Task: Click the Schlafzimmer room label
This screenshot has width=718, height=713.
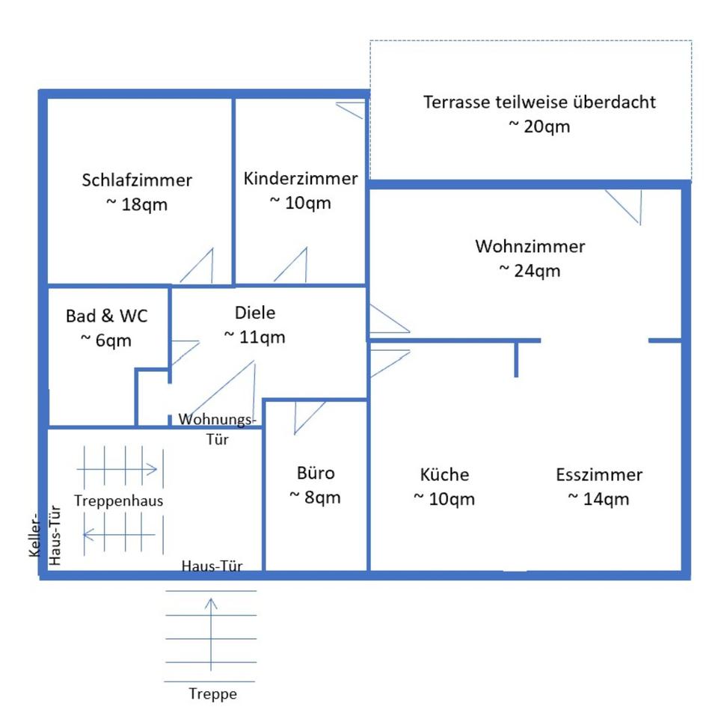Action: [137, 180]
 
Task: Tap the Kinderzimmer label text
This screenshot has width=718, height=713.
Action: [301, 179]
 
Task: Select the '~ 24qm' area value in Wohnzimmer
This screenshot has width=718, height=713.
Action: [530, 270]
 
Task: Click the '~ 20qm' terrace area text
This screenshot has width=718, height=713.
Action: [539, 126]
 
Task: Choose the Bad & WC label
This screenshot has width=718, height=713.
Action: [106, 316]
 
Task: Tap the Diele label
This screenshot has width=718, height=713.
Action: [254, 313]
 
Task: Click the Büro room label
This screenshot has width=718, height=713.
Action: [316, 473]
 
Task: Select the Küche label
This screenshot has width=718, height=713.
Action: [444, 474]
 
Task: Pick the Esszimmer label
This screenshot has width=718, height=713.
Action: [599, 474]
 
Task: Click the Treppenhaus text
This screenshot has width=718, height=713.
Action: [119, 501]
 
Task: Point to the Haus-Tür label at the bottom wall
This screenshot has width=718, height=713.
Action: [212, 566]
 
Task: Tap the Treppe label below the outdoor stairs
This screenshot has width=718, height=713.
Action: [212, 694]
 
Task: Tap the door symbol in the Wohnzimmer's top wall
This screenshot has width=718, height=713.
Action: [625, 206]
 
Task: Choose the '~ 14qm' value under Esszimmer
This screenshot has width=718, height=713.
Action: [598, 499]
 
